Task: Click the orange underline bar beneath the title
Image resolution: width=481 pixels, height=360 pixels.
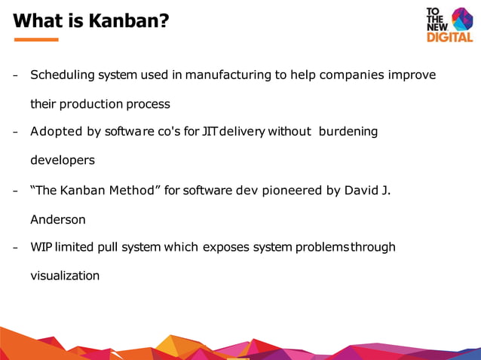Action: click(x=35, y=39)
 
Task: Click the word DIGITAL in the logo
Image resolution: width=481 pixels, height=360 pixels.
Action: click(x=449, y=37)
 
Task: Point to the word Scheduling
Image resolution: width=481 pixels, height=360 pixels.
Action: click(x=63, y=75)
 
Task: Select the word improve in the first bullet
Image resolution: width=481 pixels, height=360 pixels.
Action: click(x=412, y=75)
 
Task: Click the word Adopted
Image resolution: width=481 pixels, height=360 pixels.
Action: click(x=57, y=132)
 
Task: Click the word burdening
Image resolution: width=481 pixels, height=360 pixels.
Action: click(x=348, y=132)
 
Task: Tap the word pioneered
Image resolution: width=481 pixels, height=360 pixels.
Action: click(x=293, y=190)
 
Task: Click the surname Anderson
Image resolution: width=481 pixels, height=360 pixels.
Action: click(x=58, y=219)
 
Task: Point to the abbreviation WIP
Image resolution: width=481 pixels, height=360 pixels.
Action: click(x=41, y=247)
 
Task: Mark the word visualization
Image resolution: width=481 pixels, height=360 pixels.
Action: click(x=65, y=276)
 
